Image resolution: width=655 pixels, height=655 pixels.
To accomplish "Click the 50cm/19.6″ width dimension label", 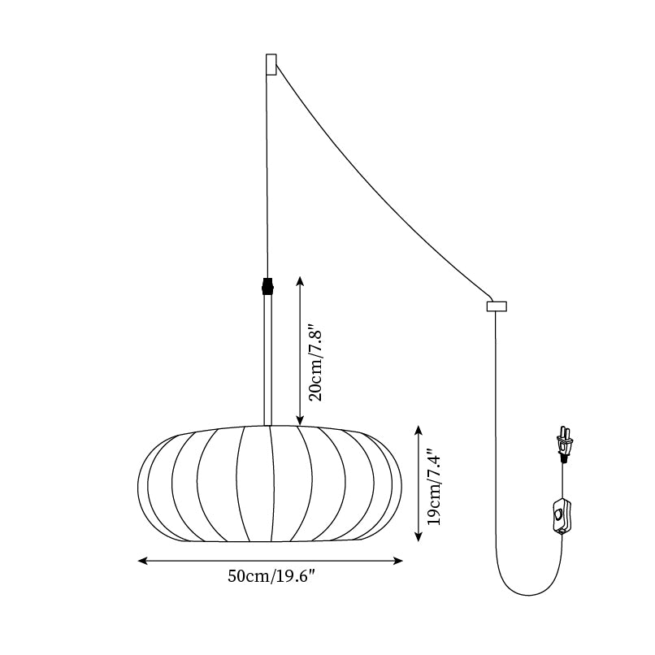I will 271,577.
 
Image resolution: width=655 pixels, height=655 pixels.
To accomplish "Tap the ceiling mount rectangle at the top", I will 271,64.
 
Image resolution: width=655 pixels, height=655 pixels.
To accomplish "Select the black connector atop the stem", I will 267,286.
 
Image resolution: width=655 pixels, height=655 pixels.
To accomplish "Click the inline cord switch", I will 560,517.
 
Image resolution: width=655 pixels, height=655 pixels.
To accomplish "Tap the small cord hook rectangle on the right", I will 496,306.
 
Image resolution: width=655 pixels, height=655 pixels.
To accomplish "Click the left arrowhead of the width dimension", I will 142,561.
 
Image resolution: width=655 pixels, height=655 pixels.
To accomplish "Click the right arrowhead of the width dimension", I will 399,561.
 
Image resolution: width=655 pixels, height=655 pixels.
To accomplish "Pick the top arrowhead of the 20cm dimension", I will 300,280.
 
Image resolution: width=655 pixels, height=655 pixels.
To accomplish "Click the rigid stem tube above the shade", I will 267,358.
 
